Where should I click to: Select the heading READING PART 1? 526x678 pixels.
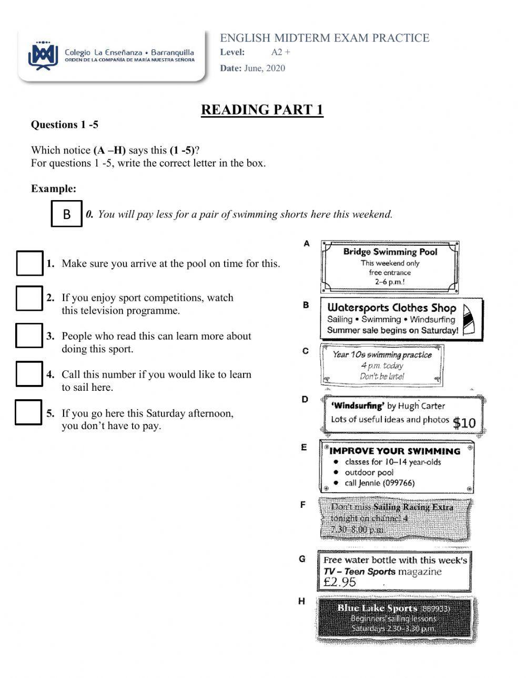pos(262,110)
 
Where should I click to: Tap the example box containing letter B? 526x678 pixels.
pos(67,214)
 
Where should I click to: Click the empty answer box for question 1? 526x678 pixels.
pos(29,263)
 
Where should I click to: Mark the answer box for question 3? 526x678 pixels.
pos(29,336)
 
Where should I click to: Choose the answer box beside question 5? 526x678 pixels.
pos(28,412)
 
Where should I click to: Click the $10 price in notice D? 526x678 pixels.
pos(464,423)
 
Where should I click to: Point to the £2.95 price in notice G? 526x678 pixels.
pos(340,582)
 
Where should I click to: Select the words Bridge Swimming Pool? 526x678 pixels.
pos(390,252)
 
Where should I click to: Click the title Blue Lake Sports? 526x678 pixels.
pos(377,608)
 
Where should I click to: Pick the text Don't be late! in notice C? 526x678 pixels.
pos(382,377)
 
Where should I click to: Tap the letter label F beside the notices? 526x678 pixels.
pos(303,505)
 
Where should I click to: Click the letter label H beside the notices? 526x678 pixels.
pos(302,601)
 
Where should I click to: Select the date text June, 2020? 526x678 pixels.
pos(265,68)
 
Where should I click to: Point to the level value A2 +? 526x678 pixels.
pos(281,52)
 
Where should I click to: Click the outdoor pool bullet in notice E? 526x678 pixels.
pos(369,473)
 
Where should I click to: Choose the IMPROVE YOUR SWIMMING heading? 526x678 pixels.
pos(394,451)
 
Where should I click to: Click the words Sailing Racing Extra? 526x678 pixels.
pos(413,507)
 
